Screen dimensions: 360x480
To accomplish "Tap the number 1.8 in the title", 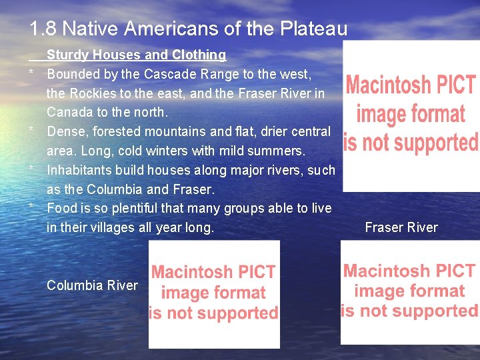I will click(x=43, y=29).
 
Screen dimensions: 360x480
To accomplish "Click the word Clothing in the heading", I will click(x=199, y=55).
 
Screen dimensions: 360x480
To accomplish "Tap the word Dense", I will click(x=65, y=131).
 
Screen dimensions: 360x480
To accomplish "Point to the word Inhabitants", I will click(x=83, y=170).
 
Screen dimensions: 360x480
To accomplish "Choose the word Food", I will click(x=62, y=208).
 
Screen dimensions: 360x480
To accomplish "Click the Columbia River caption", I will click(x=92, y=285).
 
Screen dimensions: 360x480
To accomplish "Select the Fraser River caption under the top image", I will click(x=401, y=227).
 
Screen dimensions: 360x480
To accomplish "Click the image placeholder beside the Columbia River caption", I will click(x=213, y=293).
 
